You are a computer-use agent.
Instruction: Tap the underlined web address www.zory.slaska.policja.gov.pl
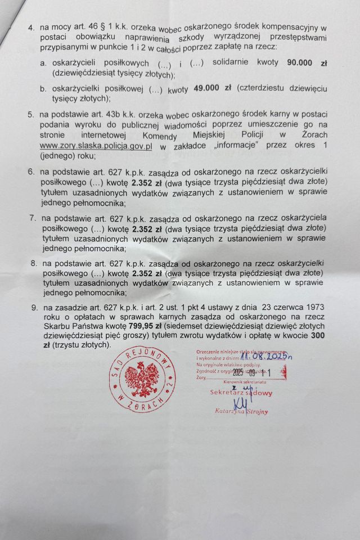click(x=96, y=146)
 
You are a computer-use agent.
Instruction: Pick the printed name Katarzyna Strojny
click(x=241, y=411)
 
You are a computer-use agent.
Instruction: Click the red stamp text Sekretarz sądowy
click(x=241, y=393)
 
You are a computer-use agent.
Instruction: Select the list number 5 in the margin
click(x=31, y=114)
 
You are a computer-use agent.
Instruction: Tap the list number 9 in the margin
click(x=34, y=307)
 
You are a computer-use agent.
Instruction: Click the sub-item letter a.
click(x=43, y=64)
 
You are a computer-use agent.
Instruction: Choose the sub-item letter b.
click(x=43, y=89)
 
